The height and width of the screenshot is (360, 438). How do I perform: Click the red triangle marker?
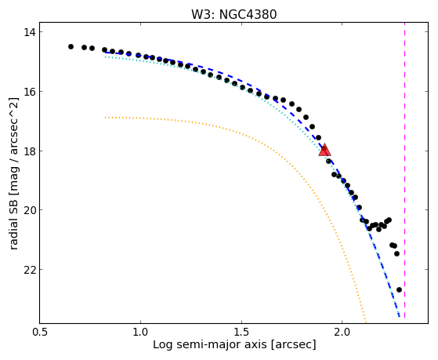(x=324, y=151)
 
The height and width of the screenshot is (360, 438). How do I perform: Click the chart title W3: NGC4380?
(x=233, y=15)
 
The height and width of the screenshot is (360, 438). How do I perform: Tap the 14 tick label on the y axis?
(x=29, y=32)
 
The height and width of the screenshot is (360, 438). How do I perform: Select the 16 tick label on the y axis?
(x=29, y=92)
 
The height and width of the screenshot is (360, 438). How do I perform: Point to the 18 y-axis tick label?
(x=29, y=151)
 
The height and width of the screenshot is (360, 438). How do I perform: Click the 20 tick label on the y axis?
(x=29, y=210)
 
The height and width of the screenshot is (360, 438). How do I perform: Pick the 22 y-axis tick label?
(x=29, y=270)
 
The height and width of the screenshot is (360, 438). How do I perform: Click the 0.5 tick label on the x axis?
(x=39, y=332)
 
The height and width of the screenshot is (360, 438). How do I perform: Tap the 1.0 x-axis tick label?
(x=140, y=332)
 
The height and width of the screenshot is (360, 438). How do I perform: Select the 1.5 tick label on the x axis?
(x=241, y=332)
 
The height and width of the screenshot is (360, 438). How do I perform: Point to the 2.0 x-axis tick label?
(x=342, y=332)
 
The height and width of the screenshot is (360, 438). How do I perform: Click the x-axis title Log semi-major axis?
(x=209, y=344)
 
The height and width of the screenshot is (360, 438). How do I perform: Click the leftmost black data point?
(x=71, y=46)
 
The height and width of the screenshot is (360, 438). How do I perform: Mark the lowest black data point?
(x=399, y=289)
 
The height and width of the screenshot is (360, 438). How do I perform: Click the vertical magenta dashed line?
(x=404, y=170)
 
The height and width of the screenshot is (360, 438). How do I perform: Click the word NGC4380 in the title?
(x=248, y=15)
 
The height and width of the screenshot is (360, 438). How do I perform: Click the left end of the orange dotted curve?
(x=105, y=118)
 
